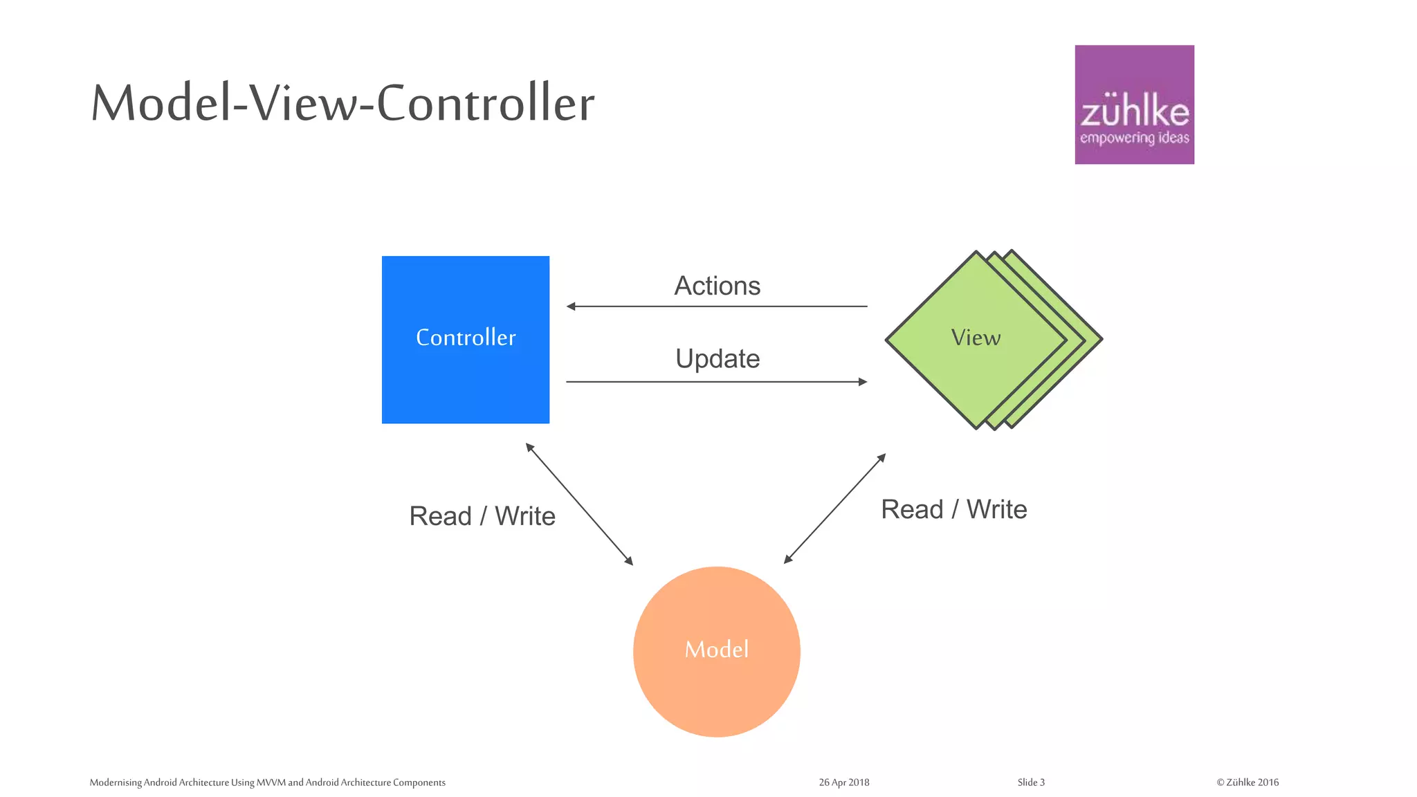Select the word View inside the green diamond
coord(976,338)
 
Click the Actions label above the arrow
coord(717,286)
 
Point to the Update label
coord(717,358)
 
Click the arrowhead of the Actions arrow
coord(571,306)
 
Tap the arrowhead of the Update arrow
coord(863,382)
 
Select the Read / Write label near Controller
coord(482,516)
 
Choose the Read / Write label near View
coord(953,509)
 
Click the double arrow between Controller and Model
coord(579,504)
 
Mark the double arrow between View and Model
coord(834,509)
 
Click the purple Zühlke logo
coord(1134,104)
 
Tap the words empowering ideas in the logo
coord(1134,138)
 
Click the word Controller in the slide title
coord(485,103)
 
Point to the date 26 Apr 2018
coord(843,782)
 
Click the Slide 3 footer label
coord(1031,782)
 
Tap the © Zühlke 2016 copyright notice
coord(1247,782)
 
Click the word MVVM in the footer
coord(271,782)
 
